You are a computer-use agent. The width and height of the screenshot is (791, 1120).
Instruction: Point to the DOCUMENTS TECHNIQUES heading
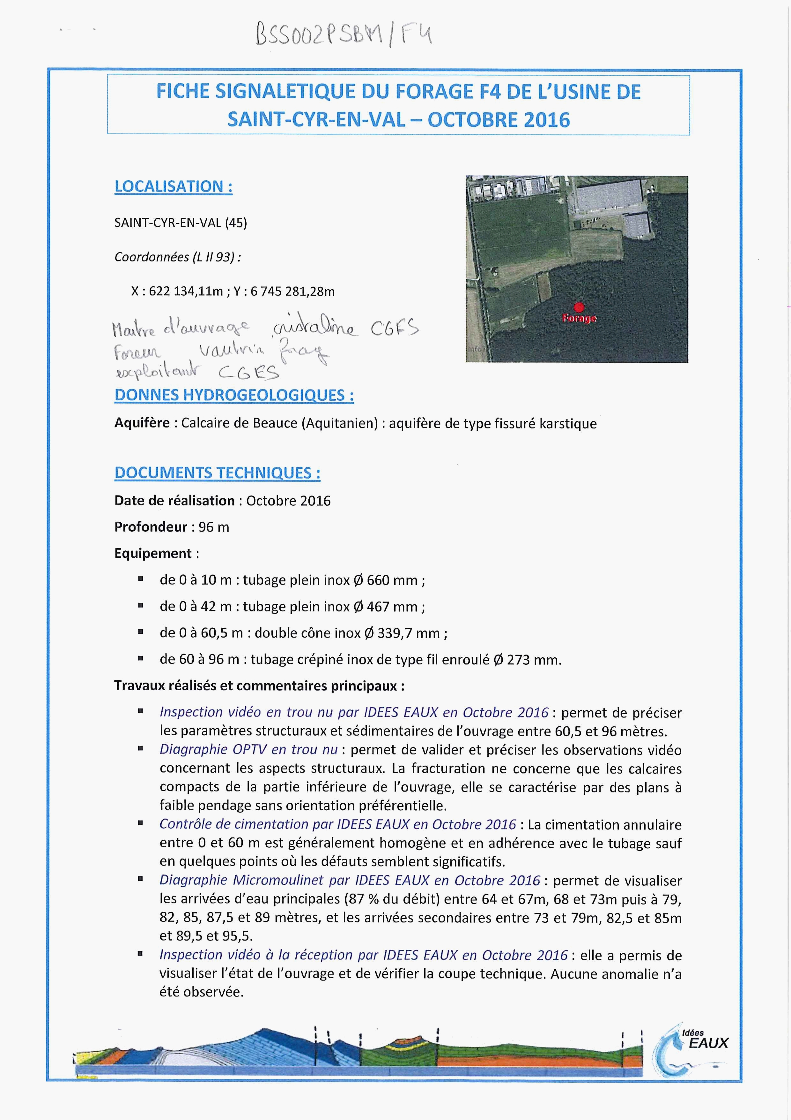[218, 473]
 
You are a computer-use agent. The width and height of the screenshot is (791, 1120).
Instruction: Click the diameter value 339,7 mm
[408, 633]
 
